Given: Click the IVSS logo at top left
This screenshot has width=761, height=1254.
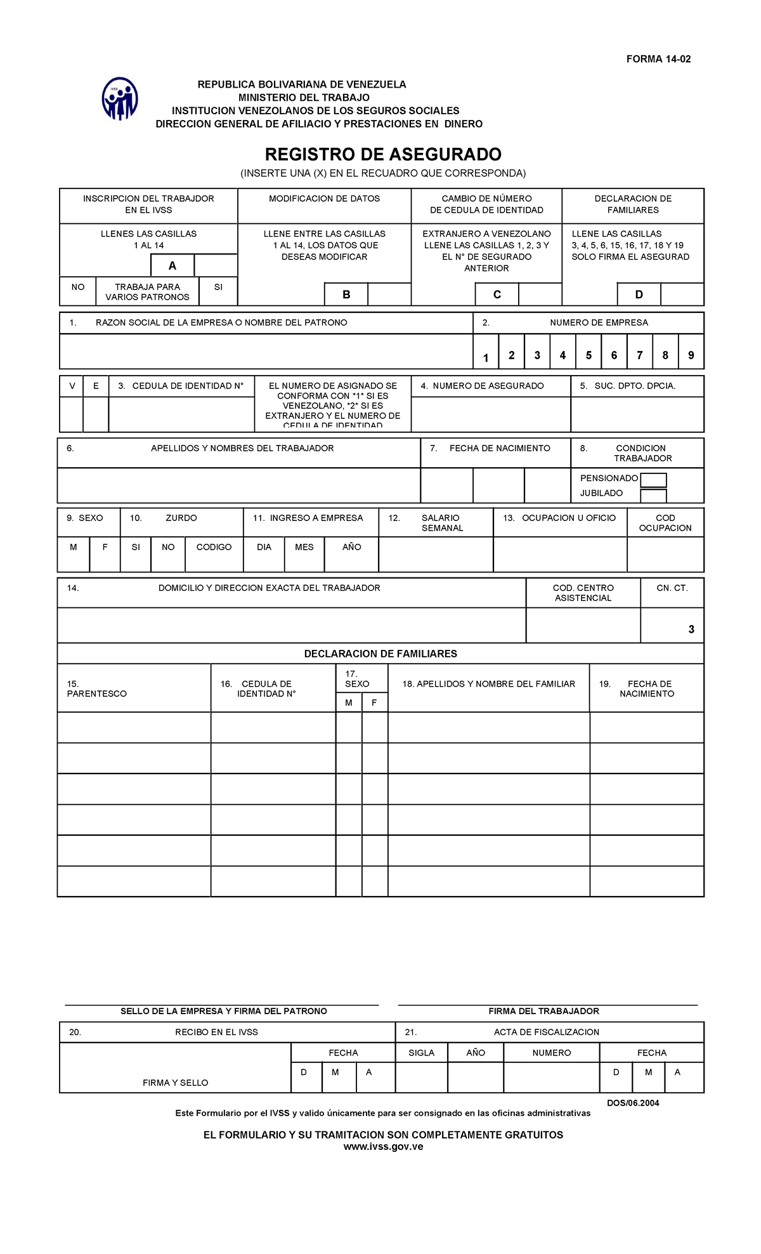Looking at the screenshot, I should point(120,99).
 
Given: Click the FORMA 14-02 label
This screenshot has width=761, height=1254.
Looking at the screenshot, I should point(658,59).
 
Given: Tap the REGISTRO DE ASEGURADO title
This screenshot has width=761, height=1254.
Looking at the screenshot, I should point(383,154).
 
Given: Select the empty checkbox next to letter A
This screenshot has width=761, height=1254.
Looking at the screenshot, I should point(216,265).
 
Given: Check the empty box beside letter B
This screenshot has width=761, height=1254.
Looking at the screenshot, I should point(389,294).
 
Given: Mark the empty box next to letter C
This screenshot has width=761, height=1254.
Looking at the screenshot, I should point(540,294).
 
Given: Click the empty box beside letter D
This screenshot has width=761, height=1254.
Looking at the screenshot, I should point(682,294).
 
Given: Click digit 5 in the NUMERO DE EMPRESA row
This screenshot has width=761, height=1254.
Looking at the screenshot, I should point(589,355).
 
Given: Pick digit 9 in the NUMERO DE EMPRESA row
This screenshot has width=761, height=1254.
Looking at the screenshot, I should point(691,355).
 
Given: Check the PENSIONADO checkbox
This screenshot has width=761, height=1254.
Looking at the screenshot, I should point(653,480).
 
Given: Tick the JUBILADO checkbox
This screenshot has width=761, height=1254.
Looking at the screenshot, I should point(653,495).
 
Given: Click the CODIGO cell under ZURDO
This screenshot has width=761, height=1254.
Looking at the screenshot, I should point(214,547).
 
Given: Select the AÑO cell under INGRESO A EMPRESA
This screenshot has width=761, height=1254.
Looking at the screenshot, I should point(351,547).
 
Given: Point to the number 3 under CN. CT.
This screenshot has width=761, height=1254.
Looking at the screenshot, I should point(691,630).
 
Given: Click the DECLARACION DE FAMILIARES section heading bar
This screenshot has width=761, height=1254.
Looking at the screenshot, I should point(380,654).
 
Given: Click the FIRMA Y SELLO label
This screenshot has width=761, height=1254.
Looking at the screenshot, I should point(175,1083).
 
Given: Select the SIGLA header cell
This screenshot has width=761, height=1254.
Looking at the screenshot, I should point(421,1053).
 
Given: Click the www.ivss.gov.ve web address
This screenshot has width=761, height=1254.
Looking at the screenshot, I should point(383,1147).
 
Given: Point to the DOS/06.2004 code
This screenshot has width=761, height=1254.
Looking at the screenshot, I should point(632,1103).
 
